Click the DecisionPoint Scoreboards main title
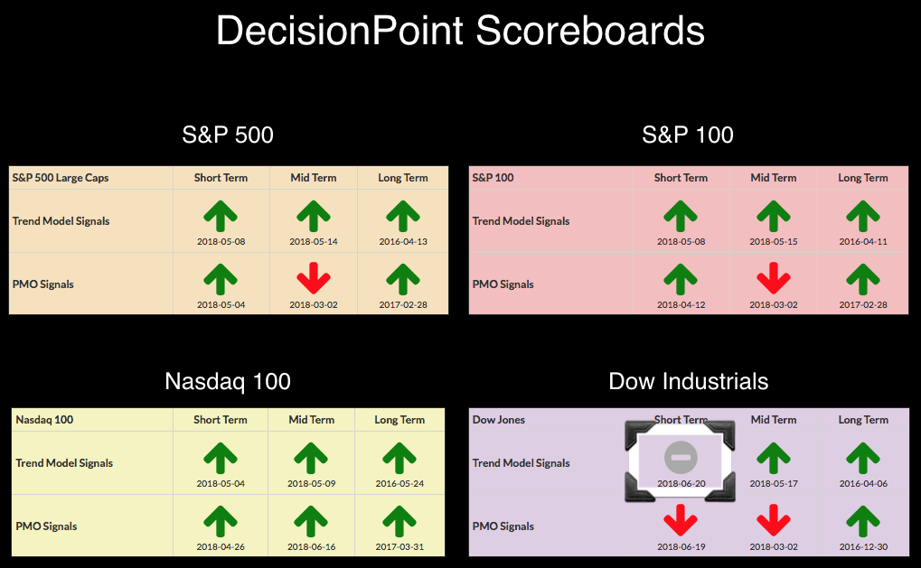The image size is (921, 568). point(461,31)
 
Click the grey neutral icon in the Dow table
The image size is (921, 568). point(681,457)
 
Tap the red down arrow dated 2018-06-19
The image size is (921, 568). point(681,520)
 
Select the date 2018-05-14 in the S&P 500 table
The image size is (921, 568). point(313,241)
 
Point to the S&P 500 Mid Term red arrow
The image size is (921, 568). point(313,277)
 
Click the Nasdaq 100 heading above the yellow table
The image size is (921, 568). point(228,381)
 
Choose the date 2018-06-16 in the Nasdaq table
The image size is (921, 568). point(311,546)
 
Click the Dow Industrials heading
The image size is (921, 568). point(689,381)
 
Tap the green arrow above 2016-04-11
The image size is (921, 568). point(863,215)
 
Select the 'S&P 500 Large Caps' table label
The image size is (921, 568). point(61,178)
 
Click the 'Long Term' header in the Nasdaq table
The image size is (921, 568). point(399,420)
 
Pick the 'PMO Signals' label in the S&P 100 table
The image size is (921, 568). point(503,284)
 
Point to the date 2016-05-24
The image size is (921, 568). point(399,483)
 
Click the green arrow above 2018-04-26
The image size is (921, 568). point(221,520)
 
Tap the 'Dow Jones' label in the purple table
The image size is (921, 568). point(499,420)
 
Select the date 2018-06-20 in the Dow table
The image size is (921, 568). point(681,483)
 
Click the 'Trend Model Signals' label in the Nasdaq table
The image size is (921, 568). point(64,463)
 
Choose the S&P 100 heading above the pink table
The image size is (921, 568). point(688,135)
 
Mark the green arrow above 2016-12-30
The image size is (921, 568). point(863,520)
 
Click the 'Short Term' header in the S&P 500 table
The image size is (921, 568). point(221,178)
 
